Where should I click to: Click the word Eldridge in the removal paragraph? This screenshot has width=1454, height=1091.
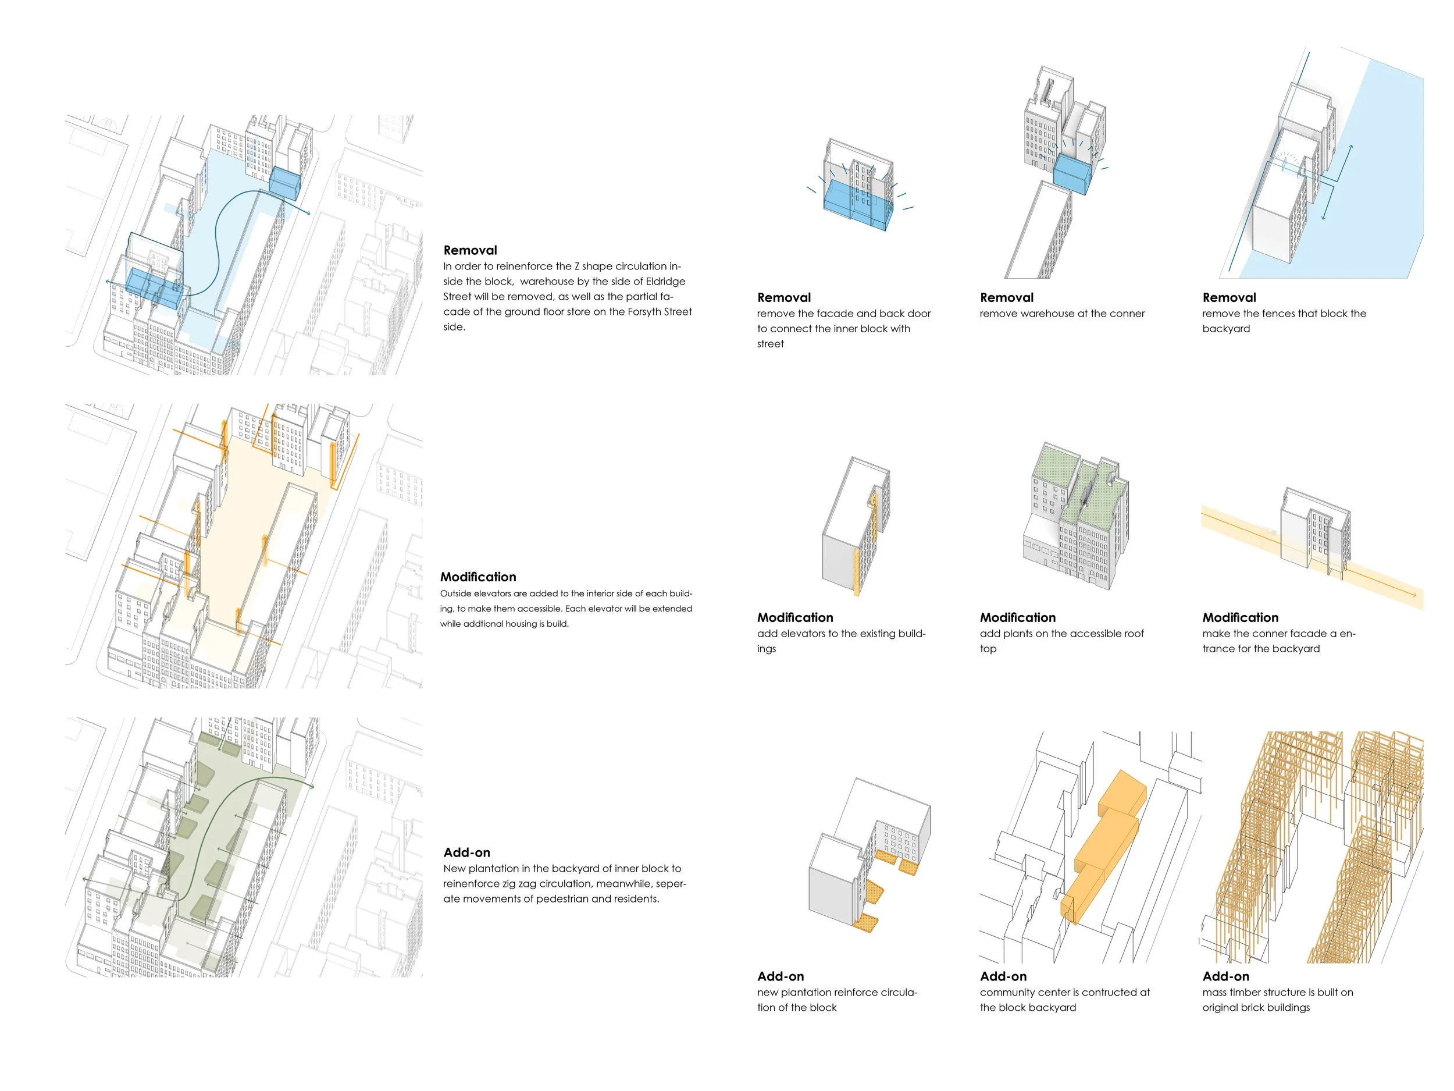click(x=665, y=282)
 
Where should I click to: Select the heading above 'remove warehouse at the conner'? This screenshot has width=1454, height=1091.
click(x=1006, y=297)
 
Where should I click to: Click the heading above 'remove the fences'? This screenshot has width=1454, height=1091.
click(x=1229, y=297)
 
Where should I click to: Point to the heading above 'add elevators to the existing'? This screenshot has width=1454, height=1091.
click(x=794, y=617)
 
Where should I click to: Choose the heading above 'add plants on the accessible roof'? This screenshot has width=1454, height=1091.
click(x=1018, y=617)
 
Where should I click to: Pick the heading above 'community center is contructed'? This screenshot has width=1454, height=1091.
click(x=1003, y=976)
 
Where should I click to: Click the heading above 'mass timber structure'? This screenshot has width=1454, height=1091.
click(x=1226, y=976)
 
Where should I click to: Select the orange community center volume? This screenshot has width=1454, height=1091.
click(x=1104, y=848)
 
